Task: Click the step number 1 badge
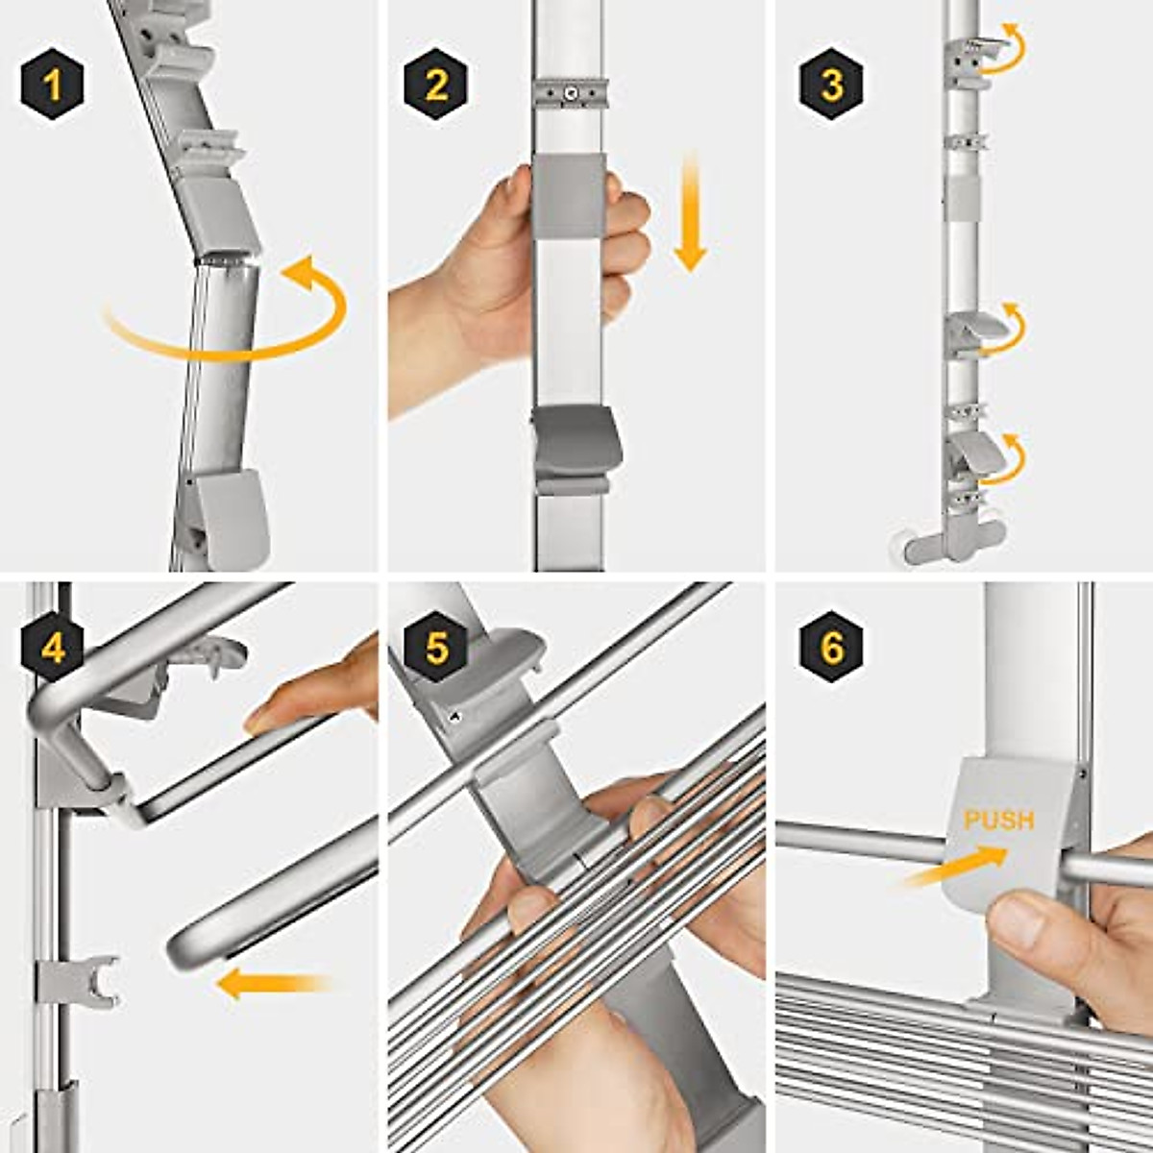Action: pos(53,85)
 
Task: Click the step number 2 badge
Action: pos(436,85)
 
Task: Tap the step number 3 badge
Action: pos(832,85)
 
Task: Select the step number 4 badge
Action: pos(53,647)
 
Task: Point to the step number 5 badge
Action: pos(436,647)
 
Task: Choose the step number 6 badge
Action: pos(832,647)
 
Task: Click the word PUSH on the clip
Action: pos(998,821)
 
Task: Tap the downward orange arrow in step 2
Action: pos(691,212)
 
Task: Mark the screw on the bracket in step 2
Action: pos(569,93)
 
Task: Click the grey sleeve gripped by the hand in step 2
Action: pos(569,194)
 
